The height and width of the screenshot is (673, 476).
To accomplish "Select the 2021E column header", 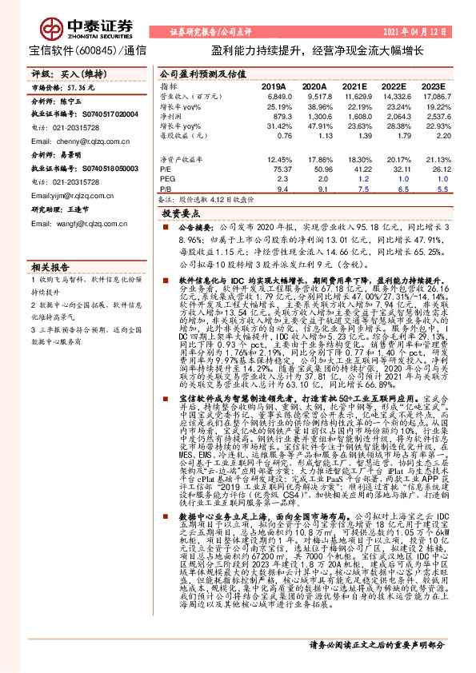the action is [x=353, y=86].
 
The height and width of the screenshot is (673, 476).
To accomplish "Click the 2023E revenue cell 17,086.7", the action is [x=437, y=96].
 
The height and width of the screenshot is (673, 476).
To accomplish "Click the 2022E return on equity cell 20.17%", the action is [x=395, y=160].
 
